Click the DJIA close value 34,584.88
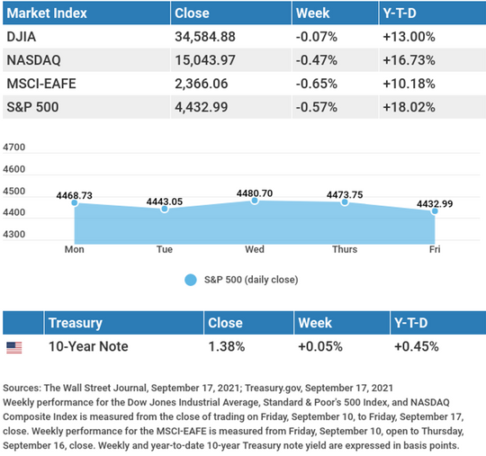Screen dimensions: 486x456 click(205, 37)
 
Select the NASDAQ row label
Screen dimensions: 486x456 click(34, 60)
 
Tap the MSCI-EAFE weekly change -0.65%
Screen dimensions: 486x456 click(317, 84)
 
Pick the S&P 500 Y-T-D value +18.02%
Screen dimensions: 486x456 click(409, 107)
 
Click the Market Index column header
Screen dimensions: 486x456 click(47, 13)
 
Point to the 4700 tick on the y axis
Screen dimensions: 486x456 click(13, 148)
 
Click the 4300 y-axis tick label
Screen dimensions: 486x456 click(13, 234)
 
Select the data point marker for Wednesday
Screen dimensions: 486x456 click(255, 201)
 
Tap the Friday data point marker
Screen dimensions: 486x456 click(435, 211)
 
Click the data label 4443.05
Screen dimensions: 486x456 click(165, 201)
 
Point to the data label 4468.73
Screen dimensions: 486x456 click(75, 195)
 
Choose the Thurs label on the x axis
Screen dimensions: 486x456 click(345, 249)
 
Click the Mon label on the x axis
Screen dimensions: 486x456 click(75, 249)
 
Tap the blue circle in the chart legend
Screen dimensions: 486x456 click(191, 280)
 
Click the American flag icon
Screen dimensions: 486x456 click(14, 347)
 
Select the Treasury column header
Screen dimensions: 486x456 click(76, 323)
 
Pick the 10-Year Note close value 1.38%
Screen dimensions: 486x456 click(227, 346)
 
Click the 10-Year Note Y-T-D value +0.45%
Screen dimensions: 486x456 click(417, 346)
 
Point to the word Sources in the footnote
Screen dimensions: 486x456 click(22, 388)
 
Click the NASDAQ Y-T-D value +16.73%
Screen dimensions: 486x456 click(409, 60)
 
